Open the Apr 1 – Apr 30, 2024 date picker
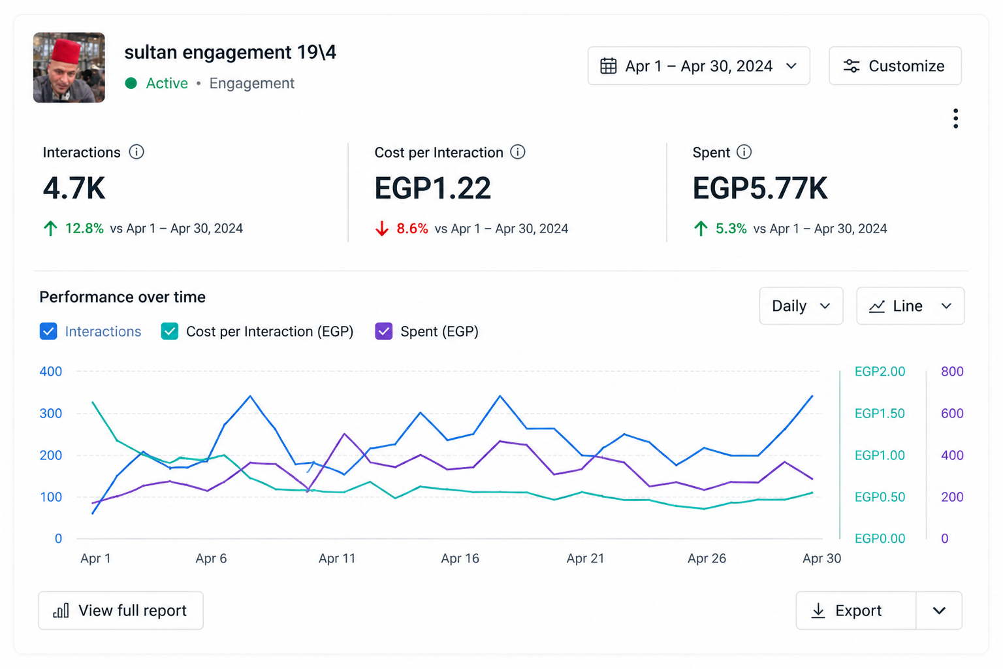click(x=699, y=66)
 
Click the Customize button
click(x=895, y=66)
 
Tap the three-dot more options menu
click(x=955, y=119)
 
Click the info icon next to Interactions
click(x=136, y=152)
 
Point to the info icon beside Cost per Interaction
click(x=518, y=152)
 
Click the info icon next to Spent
click(x=744, y=152)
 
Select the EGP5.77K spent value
click(x=760, y=188)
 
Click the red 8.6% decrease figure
click(x=412, y=229)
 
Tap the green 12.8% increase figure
click(x=84, y=228)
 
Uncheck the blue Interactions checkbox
click(x=48, y=331)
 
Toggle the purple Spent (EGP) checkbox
click(x=384, y=331)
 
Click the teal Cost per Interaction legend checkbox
click(x=170, y=331)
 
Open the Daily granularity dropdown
click(x=801, y=306)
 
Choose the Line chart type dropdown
click(x=910, y=306)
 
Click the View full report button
click(x=121, y=610)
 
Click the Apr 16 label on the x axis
click(x=460, y=559)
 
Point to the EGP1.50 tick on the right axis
click(x=880, y=413)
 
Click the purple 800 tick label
click(x=952, y=372)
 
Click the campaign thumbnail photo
click(x=69, y=67)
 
